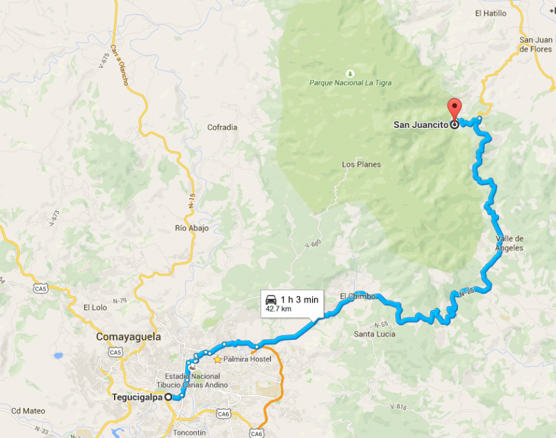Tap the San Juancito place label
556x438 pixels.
pos(421,125)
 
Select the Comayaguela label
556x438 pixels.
pos(128,336)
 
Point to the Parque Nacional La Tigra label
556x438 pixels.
pos(350,83)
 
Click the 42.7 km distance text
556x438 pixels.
pos(279,308)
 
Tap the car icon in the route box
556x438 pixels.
pos(270,300)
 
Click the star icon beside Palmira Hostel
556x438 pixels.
pos(218,359)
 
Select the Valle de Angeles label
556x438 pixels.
pos(509,243)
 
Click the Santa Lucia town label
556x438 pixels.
pos(375,334)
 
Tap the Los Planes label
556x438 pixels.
pos(361,165)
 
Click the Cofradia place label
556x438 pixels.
pos(222,127)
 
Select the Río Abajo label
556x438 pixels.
pos(192,228)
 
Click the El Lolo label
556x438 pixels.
pos(95,307)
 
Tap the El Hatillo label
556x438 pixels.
pos(491,13)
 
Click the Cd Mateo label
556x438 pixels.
pos(28,410)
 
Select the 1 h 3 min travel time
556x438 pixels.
pos(300,299)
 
